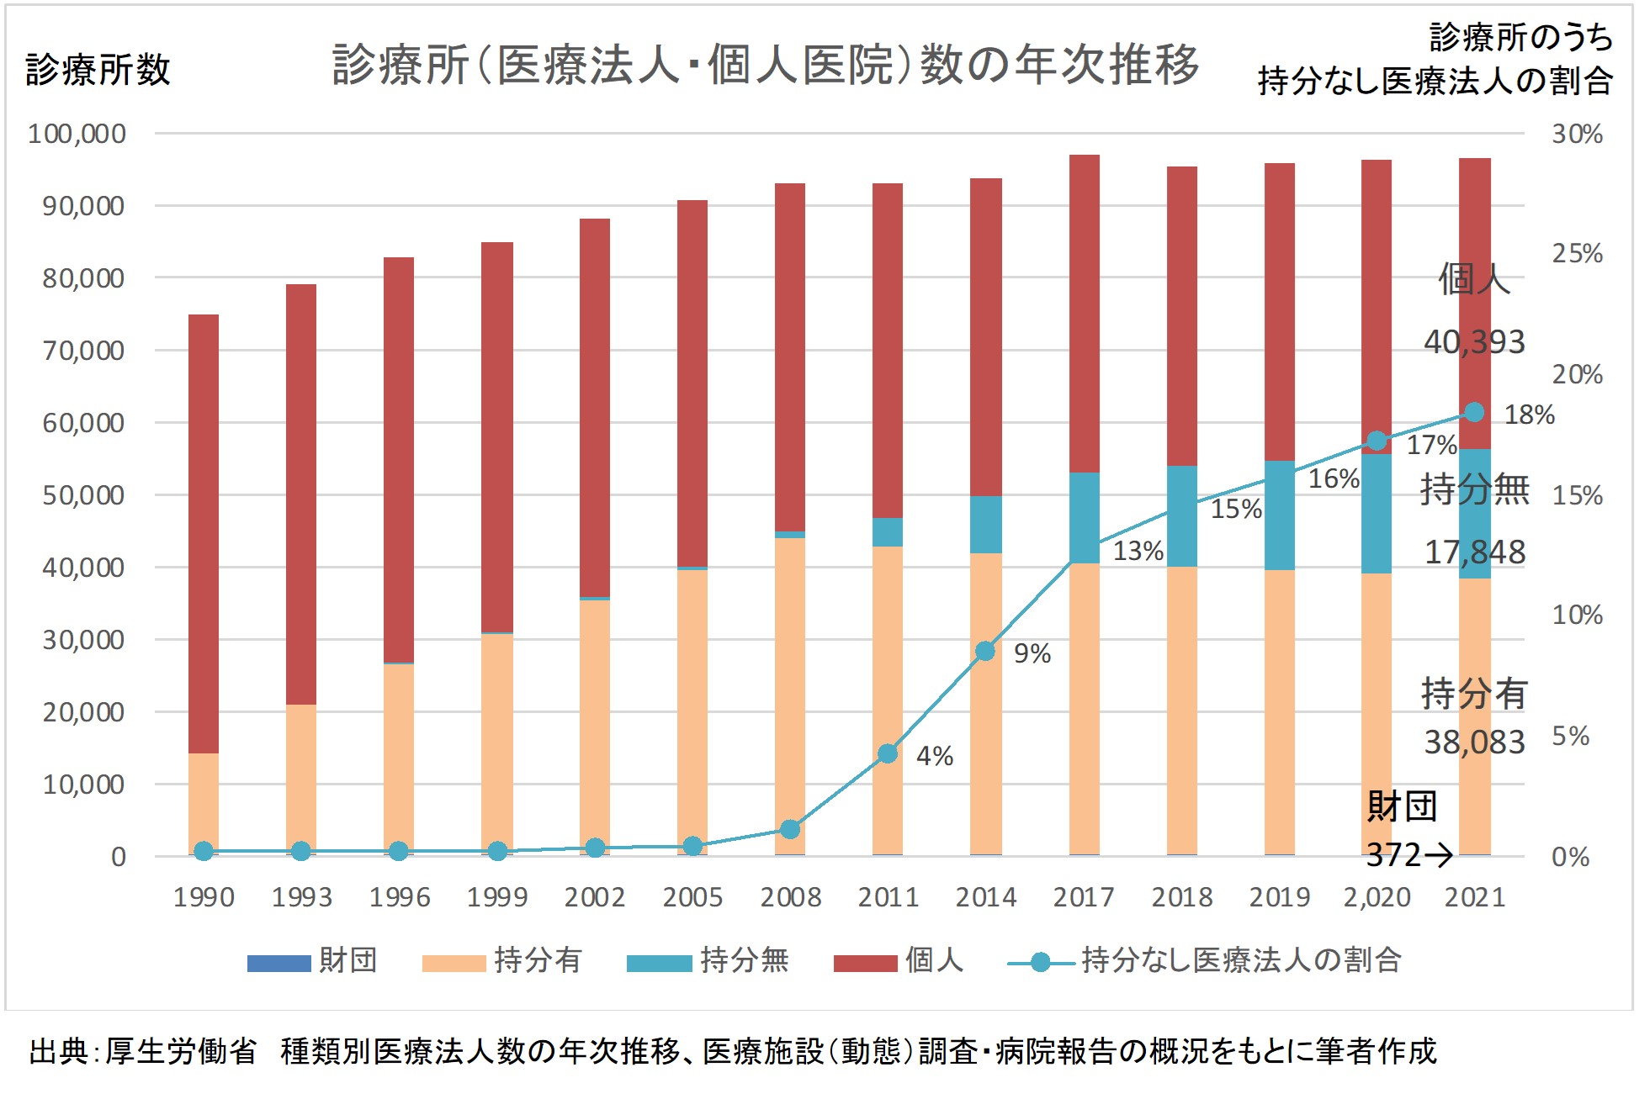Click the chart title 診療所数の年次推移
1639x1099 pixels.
click(x=765, y=65)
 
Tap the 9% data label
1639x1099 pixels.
click(x=1032, y=653)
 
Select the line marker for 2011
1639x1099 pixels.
click(x=888, y=753)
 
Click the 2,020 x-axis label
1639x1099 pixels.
click(x=1376, y=897)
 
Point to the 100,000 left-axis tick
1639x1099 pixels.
click(x=77, y=134)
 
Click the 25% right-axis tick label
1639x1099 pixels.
click(x=1577, y=253)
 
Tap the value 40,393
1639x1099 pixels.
click(x=1474, y=342)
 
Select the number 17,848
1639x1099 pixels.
click(x=1474, y=552)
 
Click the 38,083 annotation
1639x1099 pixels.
click(x=1474, y=742)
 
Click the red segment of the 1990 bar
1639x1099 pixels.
click(x=204, y=530)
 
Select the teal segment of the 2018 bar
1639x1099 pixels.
click(x=1182, y=515)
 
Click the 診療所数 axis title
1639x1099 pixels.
click(x=98, y=70)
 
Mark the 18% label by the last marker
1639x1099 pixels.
click(x=1529, y=415)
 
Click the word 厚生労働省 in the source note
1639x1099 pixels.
click(x=181, y=1051)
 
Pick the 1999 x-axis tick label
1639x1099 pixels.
click(x=497, y=897)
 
